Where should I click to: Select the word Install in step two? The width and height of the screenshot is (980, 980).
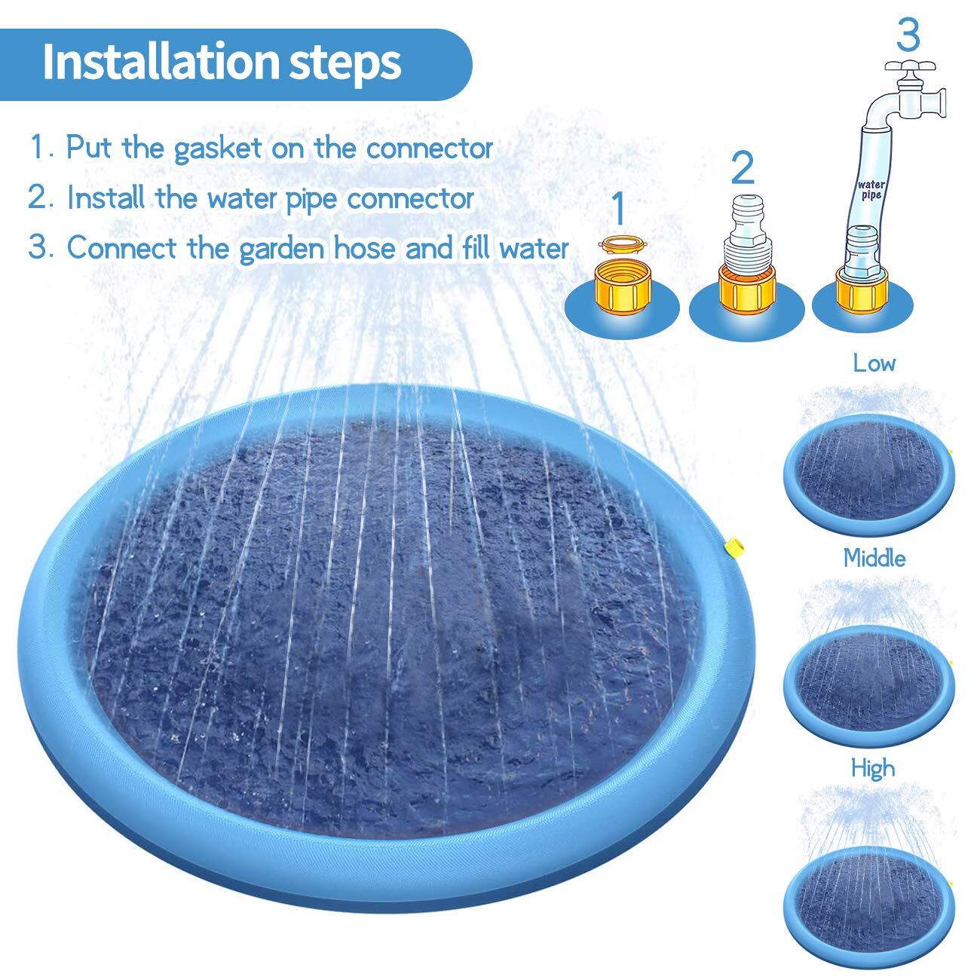106,198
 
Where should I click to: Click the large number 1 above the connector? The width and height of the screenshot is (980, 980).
618,208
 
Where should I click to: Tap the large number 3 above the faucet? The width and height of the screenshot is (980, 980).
908,35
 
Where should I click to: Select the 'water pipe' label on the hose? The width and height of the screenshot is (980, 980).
871,189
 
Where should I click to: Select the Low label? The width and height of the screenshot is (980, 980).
873,363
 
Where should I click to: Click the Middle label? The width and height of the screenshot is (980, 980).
874,559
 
